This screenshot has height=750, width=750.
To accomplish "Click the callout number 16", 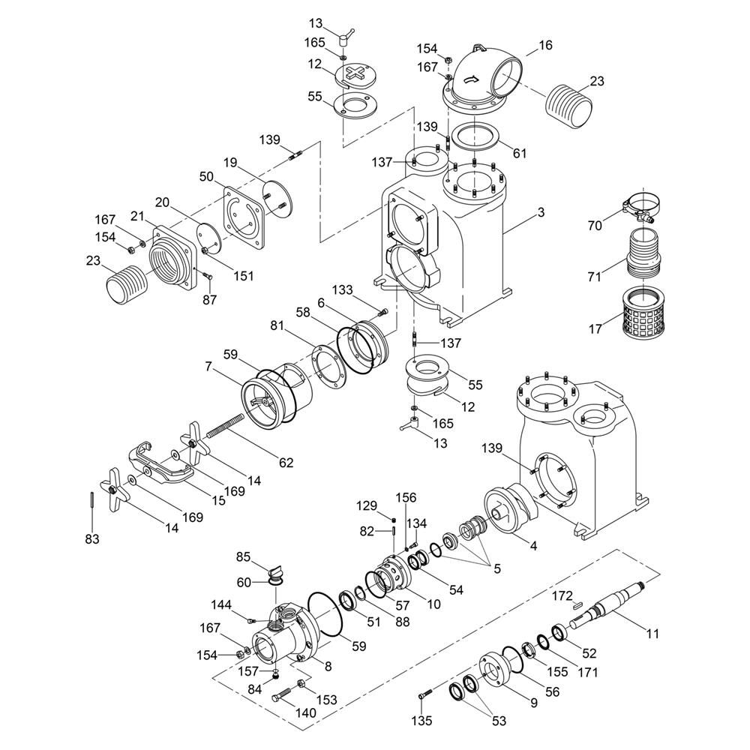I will click(x=545, y=46).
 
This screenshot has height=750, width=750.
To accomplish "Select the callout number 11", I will click(x=652, y=634).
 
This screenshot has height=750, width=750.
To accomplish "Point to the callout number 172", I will click(x=562, y=596).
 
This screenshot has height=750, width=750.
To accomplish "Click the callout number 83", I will click(x=91, y=538).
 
